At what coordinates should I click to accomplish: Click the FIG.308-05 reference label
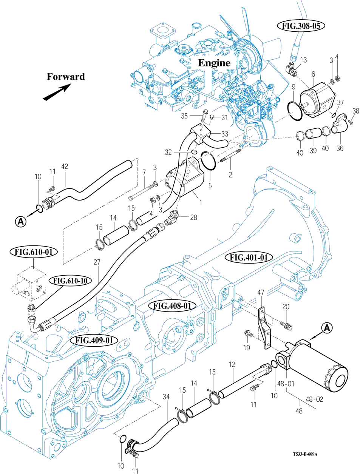(x=301, y=26)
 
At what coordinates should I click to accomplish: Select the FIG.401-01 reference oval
(x=249, y=258)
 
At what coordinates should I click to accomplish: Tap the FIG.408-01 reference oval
(x=172, y=305)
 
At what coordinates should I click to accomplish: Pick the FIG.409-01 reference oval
(x=94, y=340)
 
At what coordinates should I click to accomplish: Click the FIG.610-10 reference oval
(x=70, y=281)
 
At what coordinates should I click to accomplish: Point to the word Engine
(x=214, y=63)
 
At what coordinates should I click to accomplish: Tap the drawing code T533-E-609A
(x=304, y=454)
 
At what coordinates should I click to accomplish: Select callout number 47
(x=261, y=293)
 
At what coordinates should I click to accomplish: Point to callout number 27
(x=97, y=262)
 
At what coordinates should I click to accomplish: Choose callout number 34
(x=166, y=397)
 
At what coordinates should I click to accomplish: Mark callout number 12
(x=232, y=364)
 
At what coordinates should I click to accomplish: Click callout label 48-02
(x=314, y=399)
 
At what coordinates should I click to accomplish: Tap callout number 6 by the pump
(x=313, y=74)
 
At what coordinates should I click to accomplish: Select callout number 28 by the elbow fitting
(x=193, y=217)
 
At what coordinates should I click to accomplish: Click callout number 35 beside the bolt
(x=184, y=116)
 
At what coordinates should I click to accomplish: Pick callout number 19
(x=246, y=348)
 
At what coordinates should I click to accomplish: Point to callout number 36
(x=340, y=148)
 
